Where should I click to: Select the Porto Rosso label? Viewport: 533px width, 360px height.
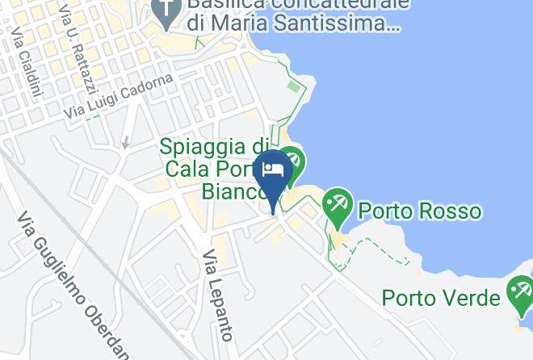pos(419,211)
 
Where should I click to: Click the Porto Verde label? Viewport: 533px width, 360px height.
pos(441,299)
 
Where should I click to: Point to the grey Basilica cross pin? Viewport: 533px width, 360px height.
pos(166,11)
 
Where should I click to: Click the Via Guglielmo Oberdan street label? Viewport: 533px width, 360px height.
pos(73,287)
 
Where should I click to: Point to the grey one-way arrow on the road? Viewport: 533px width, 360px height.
pos(125,143)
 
